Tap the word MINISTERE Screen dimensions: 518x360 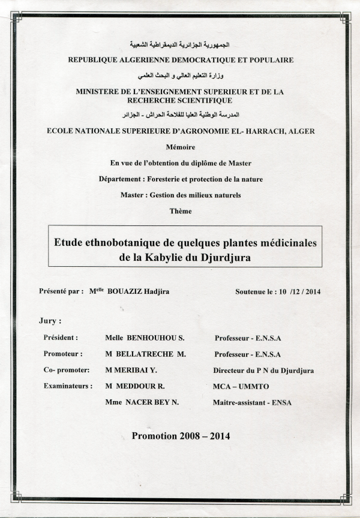(x=100, y=92)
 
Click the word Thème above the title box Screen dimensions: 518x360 (x=181, y=211)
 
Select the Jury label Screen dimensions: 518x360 (x=49, y=321)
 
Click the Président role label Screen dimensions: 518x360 (x=61, y=338)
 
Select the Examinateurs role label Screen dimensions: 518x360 (x=68, y=386)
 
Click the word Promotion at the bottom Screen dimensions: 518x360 (x=155, y=436)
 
